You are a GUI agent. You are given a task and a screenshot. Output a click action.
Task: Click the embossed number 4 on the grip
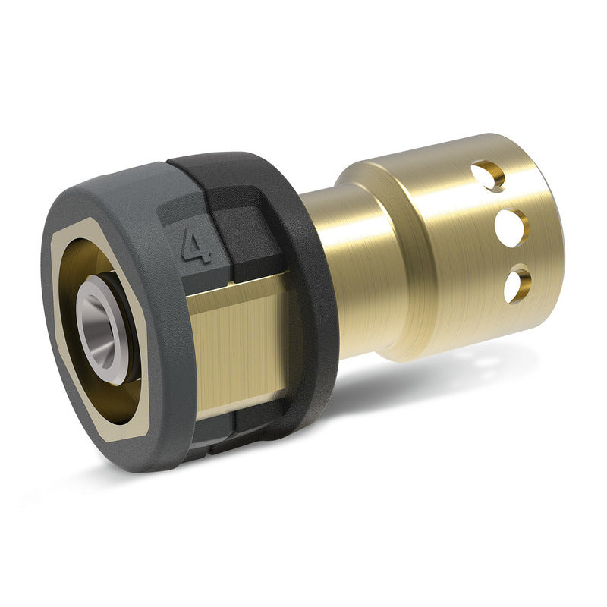click(197, 247)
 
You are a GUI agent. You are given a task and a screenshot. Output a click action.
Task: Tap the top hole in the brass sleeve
click(488, 176)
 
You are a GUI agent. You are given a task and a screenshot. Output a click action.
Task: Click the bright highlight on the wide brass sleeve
click(425, 250)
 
